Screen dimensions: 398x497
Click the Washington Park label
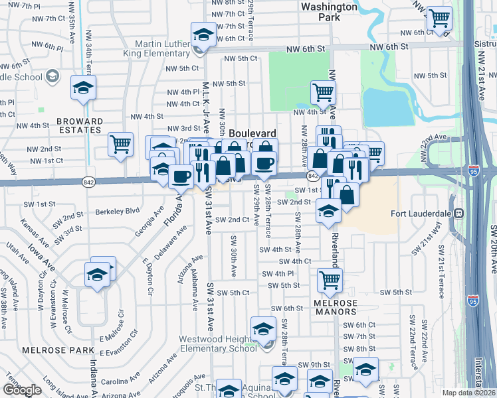click(x=329, y=12)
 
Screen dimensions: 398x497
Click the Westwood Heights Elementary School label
click(x=218, y=344)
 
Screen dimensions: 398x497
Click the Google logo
click(x=22, y=390)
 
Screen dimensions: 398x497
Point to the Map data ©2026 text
click(x=469, y=393)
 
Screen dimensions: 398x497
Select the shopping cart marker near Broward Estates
click(x=120, y=143)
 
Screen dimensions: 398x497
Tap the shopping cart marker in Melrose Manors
click(x=329, y=279)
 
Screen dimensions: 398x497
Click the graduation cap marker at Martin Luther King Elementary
click(x=203, y=34)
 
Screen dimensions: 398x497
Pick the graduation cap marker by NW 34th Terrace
click(x=84, y=88)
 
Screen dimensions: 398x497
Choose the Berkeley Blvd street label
click(x=118, y=210)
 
